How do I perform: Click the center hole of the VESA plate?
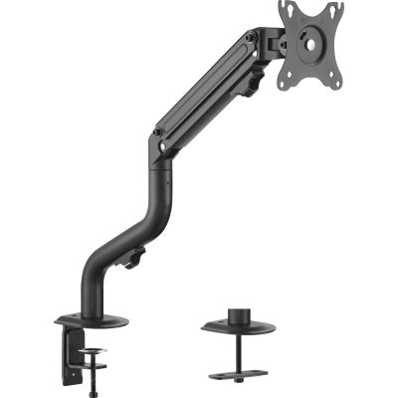pos(309,45)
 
